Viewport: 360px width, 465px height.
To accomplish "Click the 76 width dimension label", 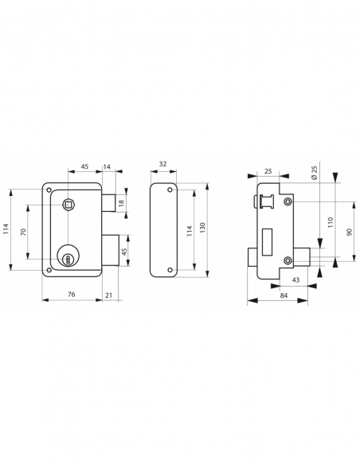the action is click(x=71, y=294).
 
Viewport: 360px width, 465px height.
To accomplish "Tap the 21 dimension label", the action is click(x=109, y=295).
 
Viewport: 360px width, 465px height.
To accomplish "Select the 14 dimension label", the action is click(x=107, y=166).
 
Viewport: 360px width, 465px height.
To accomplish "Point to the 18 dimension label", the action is click(x=121, y=203).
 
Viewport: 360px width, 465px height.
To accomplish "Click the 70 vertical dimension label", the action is click(x=23, y=232).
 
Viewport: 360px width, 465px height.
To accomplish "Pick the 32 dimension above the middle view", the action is click(x=162, y=164).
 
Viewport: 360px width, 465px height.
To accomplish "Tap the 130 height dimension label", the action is click(x=202, y=228).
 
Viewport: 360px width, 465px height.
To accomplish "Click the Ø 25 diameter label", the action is click(x=314, y=173).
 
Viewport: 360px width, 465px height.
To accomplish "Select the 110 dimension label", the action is click(x=331, y=222).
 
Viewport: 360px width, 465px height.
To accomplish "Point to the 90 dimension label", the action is click(x=349, y=232).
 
